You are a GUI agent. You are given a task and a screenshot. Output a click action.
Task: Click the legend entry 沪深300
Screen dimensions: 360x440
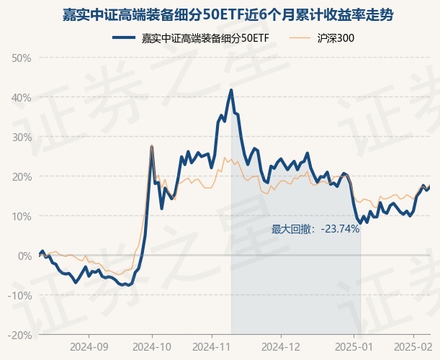(x=335, y=37)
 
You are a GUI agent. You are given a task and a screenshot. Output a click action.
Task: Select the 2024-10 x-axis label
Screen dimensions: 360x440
(x=152, y=347)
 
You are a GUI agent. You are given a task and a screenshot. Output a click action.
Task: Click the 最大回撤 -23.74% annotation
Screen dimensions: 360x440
(x=315, y=230)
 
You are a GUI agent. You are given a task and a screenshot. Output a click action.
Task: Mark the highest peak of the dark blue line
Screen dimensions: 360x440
(x=231, y=90)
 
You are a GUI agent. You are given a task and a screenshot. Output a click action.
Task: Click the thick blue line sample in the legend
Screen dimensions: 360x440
(x=125, y=37)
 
